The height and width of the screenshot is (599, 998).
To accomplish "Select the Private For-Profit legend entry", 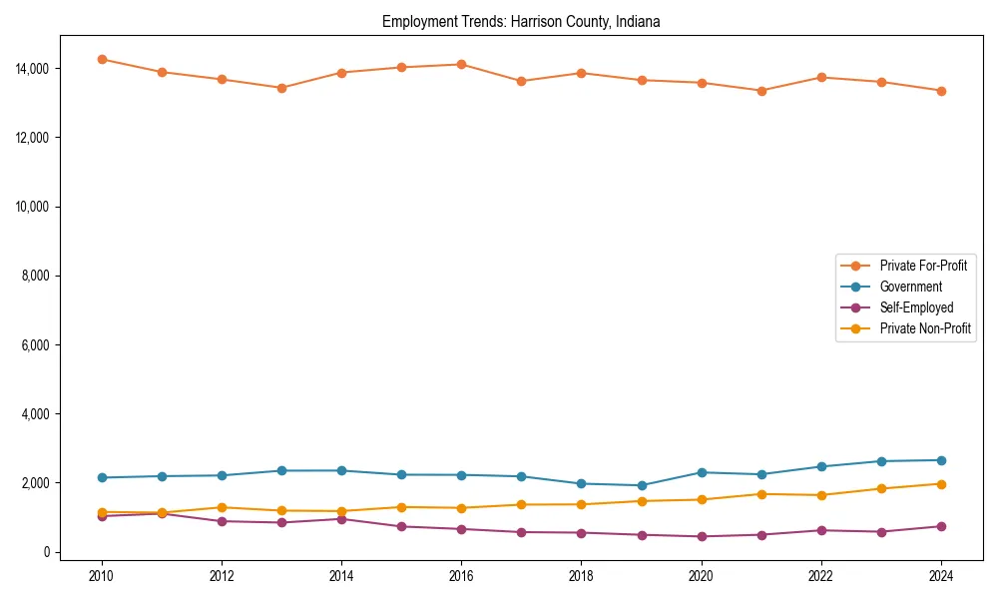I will point(923,266).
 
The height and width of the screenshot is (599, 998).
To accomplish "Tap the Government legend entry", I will point(910,287).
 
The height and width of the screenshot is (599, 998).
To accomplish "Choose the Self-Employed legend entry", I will point(916,307).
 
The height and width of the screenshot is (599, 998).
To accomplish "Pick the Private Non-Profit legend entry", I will point(925,328).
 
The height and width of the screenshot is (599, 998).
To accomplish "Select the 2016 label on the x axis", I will point(461,576).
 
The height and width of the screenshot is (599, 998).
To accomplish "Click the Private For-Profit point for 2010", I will point(102,59).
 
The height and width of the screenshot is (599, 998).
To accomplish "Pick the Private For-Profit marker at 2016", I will point(461,64).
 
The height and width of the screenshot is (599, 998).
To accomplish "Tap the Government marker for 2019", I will point(642,485).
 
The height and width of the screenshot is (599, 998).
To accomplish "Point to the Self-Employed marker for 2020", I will point(702,536).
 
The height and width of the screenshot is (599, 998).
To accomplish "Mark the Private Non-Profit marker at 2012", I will point(222,507).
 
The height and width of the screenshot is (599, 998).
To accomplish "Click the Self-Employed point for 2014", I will point(341,519).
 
